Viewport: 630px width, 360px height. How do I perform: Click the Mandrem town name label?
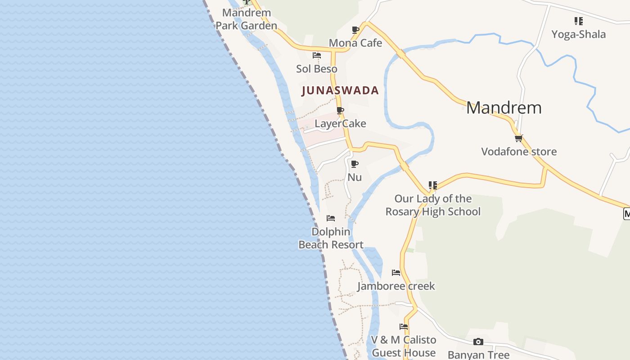(x=504, y=108)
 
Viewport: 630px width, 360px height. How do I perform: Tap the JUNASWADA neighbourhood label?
(x=340, y=90)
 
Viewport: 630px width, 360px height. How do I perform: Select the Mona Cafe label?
(x=355, y=43)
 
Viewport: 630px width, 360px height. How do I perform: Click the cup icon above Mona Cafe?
(x=355, y=30)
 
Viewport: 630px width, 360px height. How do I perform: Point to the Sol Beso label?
(x=317, y=69)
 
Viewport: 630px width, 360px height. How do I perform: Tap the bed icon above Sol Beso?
(x=317, y=55)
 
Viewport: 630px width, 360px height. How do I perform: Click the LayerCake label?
(x=340, y=123)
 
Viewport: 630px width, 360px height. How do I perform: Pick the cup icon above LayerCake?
(x=340, y=110)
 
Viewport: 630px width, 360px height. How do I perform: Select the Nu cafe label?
(x=355, y=177)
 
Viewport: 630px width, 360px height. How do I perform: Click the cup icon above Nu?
(x=355, y=164)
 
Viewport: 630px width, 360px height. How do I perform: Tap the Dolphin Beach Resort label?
(x=331, y=238)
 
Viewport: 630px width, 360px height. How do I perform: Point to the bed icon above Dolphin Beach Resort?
(x=331, y=218)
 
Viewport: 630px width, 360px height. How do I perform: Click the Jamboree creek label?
(x=396, y=286)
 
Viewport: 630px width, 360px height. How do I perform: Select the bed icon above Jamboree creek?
(x=396, y=273)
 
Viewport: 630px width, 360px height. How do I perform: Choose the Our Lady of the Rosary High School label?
(x=433, y=205)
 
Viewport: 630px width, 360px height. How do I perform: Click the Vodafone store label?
(x=519, y=152)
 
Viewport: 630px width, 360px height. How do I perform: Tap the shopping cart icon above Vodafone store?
(x=519, y=139)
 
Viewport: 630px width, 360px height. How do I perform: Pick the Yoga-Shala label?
(x=579, y=34)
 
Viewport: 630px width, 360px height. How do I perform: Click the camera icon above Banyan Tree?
(x=478, y=342)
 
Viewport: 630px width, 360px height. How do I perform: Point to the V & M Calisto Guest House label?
(x=404, y=346)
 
